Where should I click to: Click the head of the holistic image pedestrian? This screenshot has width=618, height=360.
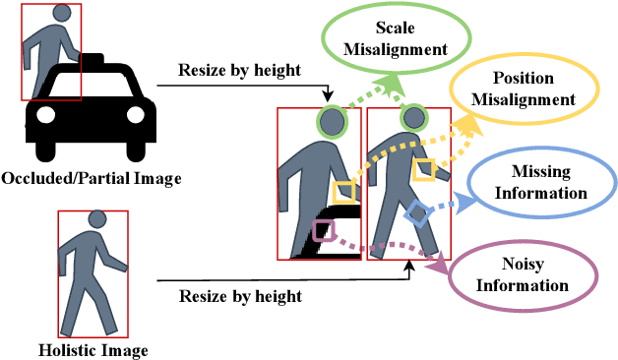97,220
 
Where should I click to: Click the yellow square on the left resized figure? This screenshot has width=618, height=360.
342,190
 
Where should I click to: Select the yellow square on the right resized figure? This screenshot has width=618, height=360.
423,168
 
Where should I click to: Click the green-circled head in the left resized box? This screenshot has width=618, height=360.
332,123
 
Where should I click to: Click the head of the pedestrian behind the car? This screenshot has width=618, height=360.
62,15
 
